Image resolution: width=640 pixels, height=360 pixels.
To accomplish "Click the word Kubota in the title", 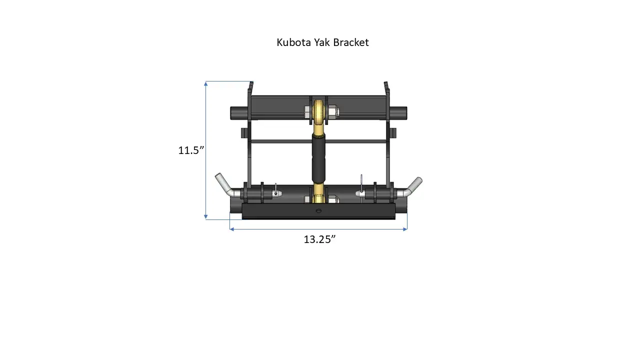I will pyautogui.click(x=293, y=42).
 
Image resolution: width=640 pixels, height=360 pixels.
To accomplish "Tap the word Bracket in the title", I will pyautogui.click(x=351, y=42).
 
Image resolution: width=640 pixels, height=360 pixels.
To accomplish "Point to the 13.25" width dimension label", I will pyautogui.click(x=319, y=239).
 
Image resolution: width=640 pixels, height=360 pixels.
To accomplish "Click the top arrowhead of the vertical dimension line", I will pyautogui.click(x=206, y=83).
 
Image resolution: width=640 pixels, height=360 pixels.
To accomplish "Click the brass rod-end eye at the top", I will pyautogui.click(x=318, y=111).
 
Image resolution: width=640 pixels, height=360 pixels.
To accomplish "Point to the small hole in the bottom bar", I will pyautogui.click(x=318, y=211).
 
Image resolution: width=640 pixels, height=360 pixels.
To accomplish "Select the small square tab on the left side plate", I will pyautogui.click(x=243, y=133).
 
